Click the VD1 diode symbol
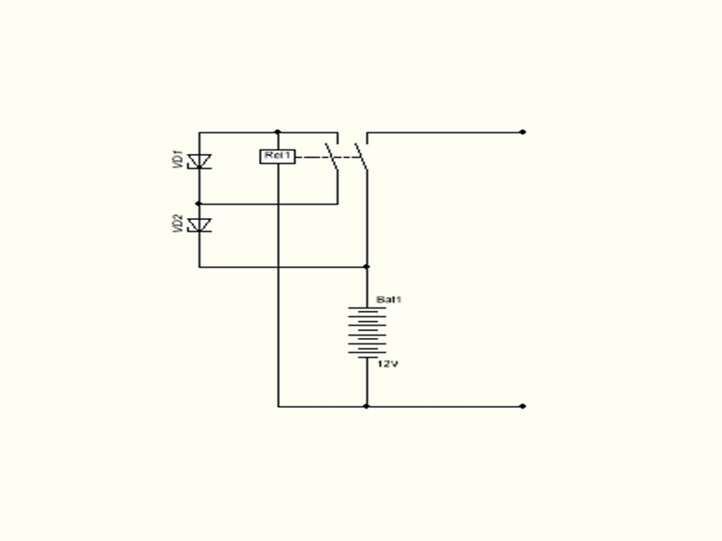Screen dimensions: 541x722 click(x=199, y=161)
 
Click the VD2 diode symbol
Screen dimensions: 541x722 click(x=199, y=225)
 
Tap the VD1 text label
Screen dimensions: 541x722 click(x=178, y=160)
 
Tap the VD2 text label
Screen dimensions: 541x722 click(x=178, y=225)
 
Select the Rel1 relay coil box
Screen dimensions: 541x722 click(x=278, y=157)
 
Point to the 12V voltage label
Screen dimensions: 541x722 click(x=387, y=364)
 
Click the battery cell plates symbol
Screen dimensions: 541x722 click(x=367, y=331)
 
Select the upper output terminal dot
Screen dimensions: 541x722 click(x=523, y=133)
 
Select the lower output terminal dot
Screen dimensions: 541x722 click(x=523, y=406)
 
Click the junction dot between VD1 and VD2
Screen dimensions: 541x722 click(x=199, y=204)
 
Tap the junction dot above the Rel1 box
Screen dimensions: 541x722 click(x=278, y=132)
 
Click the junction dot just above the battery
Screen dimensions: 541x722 click(x=366, y=267)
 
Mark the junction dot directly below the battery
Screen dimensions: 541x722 click(x=366, y=406)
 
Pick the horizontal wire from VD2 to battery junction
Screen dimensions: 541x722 click(x=280, y=267)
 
